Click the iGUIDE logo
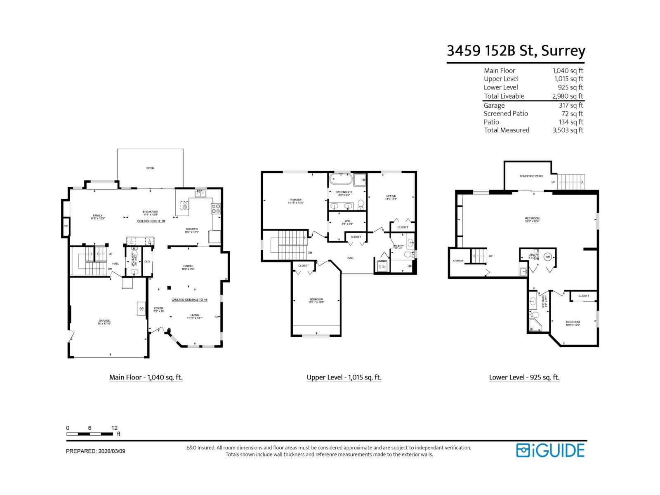(x=550, y=450)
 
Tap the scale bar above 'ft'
(x=90, y=434)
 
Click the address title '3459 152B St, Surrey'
(x=516, y=51)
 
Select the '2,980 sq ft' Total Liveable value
(x=568, y=96)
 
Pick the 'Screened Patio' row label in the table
(x=506, y=113)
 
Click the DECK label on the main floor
(x=150, y=168)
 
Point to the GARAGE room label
(x=104, y=321)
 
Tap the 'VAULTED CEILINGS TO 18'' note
(x=189, y=300)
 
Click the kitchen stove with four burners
(x=216, y=208)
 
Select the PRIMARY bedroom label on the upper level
(x=295, y=200)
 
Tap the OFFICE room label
(x=391, y=196)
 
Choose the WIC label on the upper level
(x=347, y=221)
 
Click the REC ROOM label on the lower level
(x=532, y=219)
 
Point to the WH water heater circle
(x=548, y=257)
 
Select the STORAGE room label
(x=458, y=261)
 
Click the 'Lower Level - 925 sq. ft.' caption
(x=524, y=377)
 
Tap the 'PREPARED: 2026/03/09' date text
(x=96, y=451)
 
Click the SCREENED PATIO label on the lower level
(x=531, y=176)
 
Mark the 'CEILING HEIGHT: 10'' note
(x=151, y=221)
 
